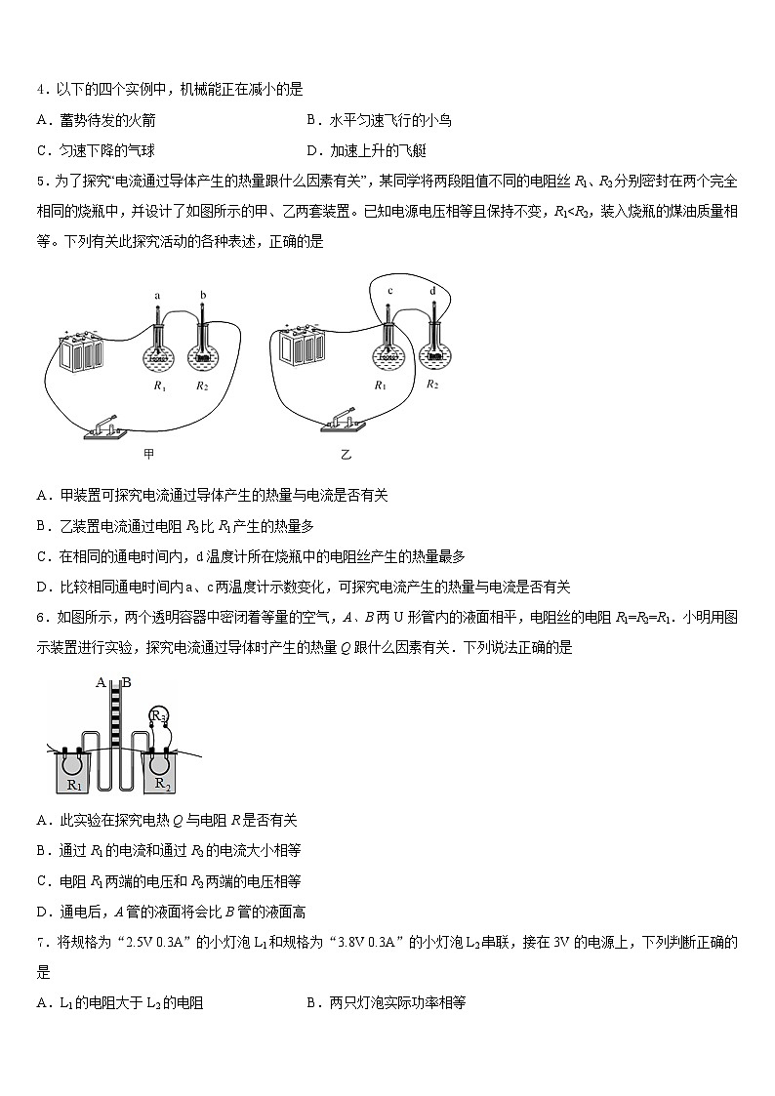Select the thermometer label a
click(x=156, y=294)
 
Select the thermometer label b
click(x=202, y=294)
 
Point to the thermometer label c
click(x=389, y=289)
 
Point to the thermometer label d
click(x=432, y=289)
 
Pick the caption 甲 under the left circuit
click(x=149, y=453)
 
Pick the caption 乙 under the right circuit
click(x=346, y=455)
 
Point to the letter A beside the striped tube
click(x=101, y=682)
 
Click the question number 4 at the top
click(x=40, y=89)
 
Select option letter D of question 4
click(x=313, y=150)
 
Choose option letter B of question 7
click(x=313, y=1002)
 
